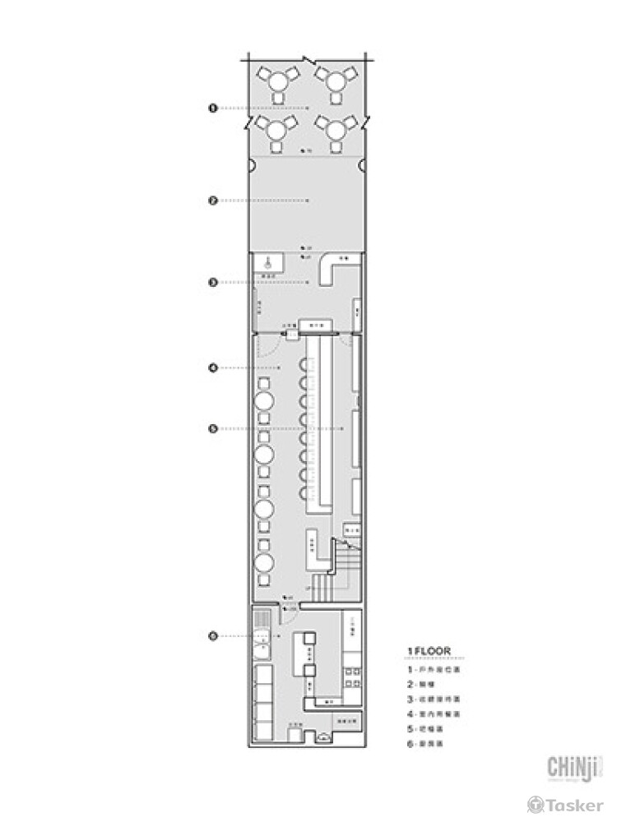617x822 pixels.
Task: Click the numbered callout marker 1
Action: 212,108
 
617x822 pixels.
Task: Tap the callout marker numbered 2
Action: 212,200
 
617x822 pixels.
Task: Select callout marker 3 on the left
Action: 212,282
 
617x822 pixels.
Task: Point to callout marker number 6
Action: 212,635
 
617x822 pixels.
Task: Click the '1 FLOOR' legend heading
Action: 428,652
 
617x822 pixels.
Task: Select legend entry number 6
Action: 431,744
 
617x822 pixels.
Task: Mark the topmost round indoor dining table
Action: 264,400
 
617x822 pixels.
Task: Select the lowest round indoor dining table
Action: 264,563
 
